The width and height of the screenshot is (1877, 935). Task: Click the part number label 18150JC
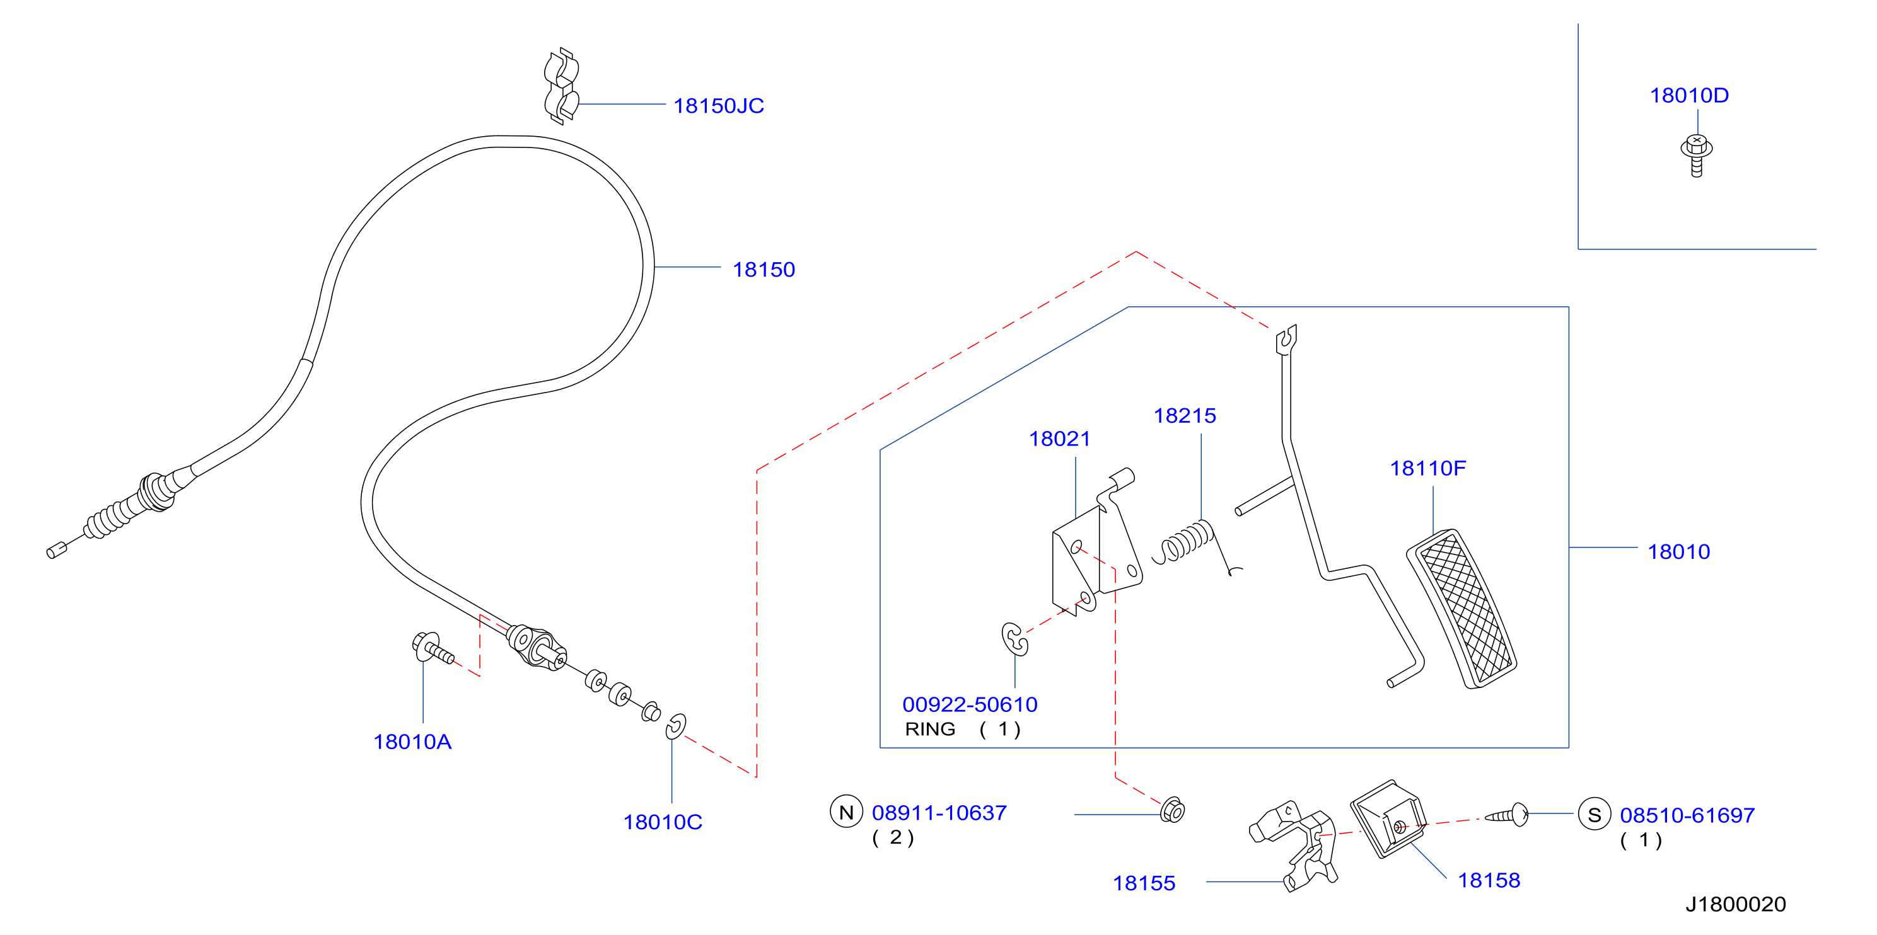(718, 106)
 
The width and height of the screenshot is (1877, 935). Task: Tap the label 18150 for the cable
(764, 270)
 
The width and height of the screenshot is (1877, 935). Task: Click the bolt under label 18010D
(1696, 155)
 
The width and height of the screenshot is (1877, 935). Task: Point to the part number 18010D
(1689, 95)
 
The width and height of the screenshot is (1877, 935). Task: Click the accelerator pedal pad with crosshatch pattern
(1462, 609)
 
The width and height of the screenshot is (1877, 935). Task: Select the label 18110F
(1427, 468)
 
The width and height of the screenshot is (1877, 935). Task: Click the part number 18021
(1059, 439)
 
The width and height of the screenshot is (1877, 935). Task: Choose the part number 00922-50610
(970, 705)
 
